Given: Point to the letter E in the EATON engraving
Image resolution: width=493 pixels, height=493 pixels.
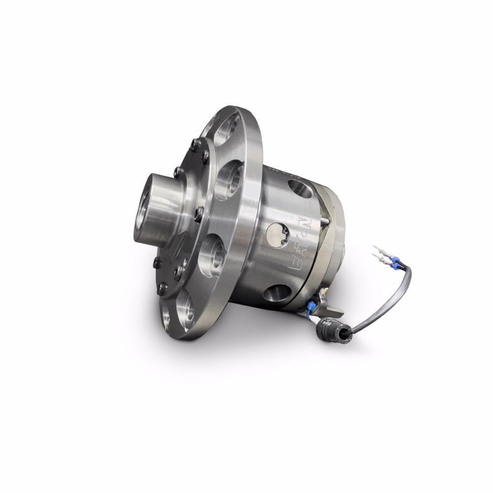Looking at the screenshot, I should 295,265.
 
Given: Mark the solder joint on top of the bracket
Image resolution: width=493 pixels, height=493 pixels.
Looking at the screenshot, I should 323,294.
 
